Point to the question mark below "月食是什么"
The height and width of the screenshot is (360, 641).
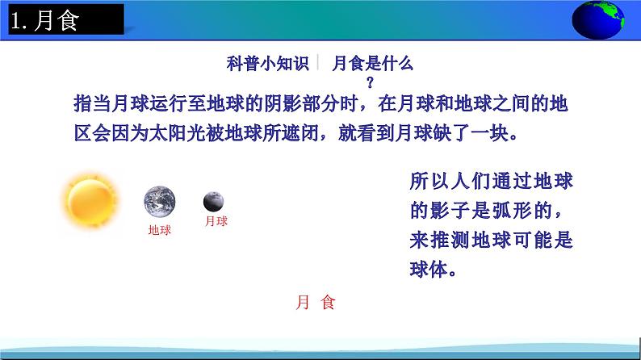point(371,81)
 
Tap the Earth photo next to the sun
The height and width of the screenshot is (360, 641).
point(160,201)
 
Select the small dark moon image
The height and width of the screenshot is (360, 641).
point(214,200)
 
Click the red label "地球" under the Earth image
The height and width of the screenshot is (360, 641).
point(160,230)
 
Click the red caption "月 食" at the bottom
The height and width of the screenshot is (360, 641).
point(315,303)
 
